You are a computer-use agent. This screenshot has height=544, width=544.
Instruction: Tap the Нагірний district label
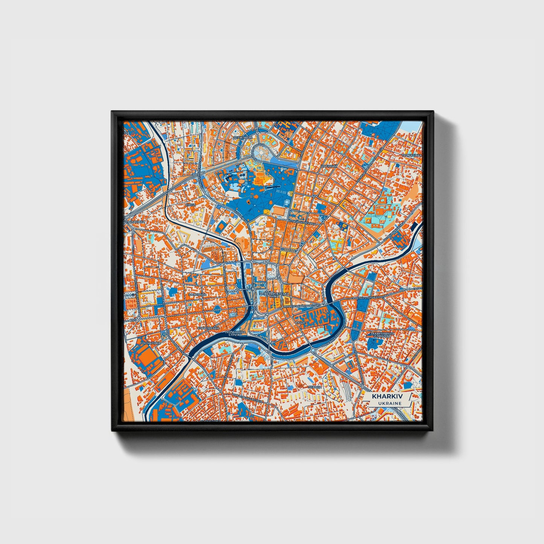pos(328,166)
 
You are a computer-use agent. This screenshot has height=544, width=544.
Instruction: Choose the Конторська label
pos(208,328)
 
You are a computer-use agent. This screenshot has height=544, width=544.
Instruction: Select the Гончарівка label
pos(150,343)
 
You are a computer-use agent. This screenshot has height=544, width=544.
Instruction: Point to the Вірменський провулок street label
pos(301,306)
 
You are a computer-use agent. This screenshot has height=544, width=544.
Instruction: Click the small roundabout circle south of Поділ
pos(312,350)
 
